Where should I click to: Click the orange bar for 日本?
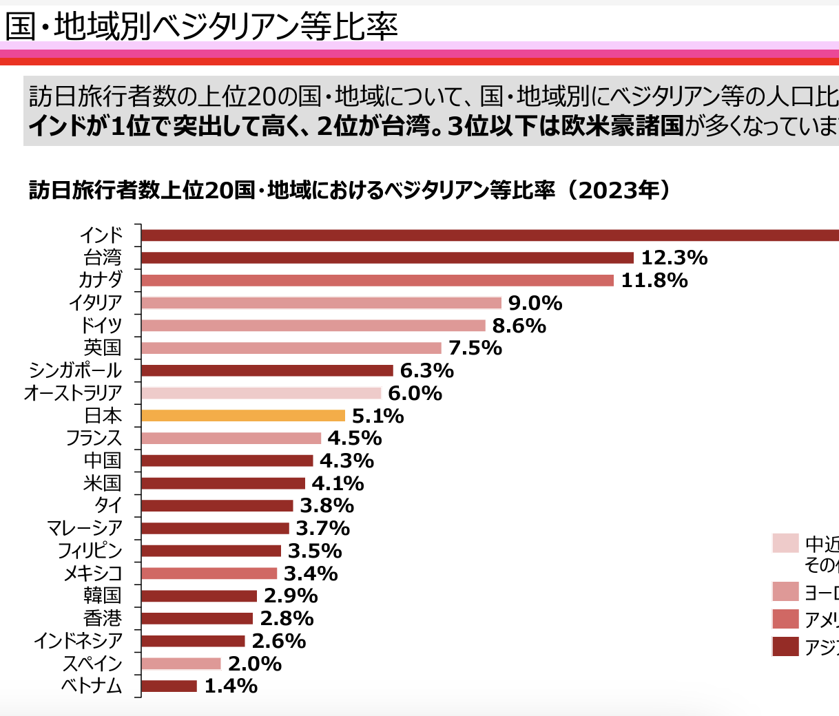(x=243, y=416)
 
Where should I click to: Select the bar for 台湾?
(x=387, y=258)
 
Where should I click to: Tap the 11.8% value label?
(x=654, y=281)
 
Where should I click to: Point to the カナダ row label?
(x=101, y=280)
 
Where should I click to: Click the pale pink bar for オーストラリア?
(x=261, y=393)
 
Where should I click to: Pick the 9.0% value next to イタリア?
(x=535, y=304)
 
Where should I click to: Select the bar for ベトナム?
(x=169, y=686)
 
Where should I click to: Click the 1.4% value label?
(x=231, y=686)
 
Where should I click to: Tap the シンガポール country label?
(x=75, y=370)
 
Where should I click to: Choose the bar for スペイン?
(x=181, y=664)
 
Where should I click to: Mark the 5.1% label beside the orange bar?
(x=377, y=416)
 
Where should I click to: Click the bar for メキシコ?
(x=209, y=573)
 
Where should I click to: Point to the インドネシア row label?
(x=79, y=641)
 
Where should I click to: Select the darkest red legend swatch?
(x=785, y=646)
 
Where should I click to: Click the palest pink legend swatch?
(x=785, y=543)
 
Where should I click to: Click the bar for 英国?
(x=291, y=348)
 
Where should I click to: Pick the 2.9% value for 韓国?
(x=291, y=596)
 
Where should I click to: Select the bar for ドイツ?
(x=313, y=326)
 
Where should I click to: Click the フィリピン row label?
(x=90, y=551)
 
